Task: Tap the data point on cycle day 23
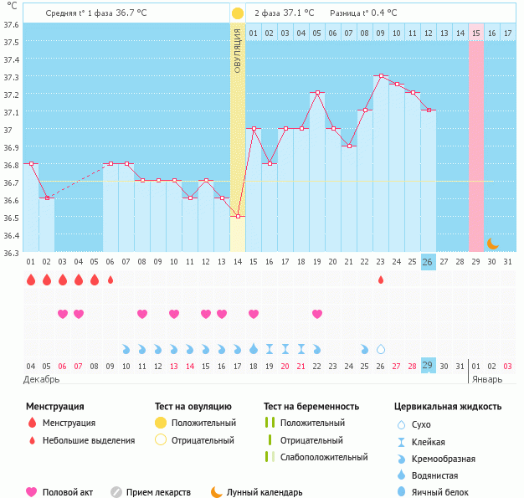tap(381, 76)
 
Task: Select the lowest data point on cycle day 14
tap(238, 216)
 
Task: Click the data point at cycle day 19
tap(317, 93)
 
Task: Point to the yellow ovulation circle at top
tap(238, 13)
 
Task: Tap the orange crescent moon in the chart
tap(492, 244)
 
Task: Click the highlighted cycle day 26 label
tap(428, 262)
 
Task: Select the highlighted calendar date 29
tap(428, 366)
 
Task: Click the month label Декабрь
tap(42, 379)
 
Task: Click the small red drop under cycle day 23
tap(381, 280)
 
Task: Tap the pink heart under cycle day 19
tap(317, 314)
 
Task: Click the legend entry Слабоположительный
tap(324, 457)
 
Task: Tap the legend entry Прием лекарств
tap(158, 493)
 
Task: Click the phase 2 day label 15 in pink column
tap(475, 33)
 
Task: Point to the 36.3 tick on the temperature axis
tap(11, 253)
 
